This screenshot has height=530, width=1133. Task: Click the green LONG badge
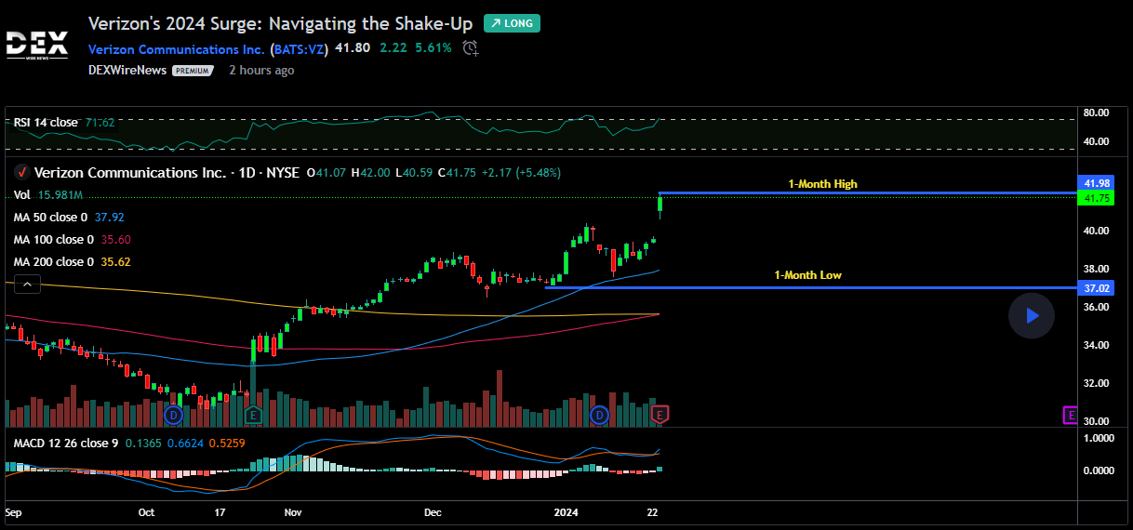coord(512,23)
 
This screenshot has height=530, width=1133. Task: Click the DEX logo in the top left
coord(36,45)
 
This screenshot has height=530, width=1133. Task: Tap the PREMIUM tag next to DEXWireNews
coord(193,71)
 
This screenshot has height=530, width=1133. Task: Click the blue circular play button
coord(1031,316)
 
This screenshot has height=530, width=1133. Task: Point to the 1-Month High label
coord(822,184)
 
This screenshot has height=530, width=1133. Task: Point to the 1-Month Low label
coord(807,275)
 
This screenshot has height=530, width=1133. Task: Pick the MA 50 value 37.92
coord(110,218)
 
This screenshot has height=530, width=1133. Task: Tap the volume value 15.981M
coord(61,195)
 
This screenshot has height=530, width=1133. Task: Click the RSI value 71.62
coord(100,123)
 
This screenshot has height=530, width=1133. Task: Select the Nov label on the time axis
coord(293,512)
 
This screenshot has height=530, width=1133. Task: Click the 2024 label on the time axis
coord(566,512)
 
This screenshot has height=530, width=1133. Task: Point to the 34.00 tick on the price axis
coord(1096,345)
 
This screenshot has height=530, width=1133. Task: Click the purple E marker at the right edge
coord(1071,414)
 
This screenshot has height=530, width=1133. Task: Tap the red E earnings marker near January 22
coord(661,413)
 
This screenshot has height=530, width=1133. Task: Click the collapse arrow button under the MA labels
coord(27,285)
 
